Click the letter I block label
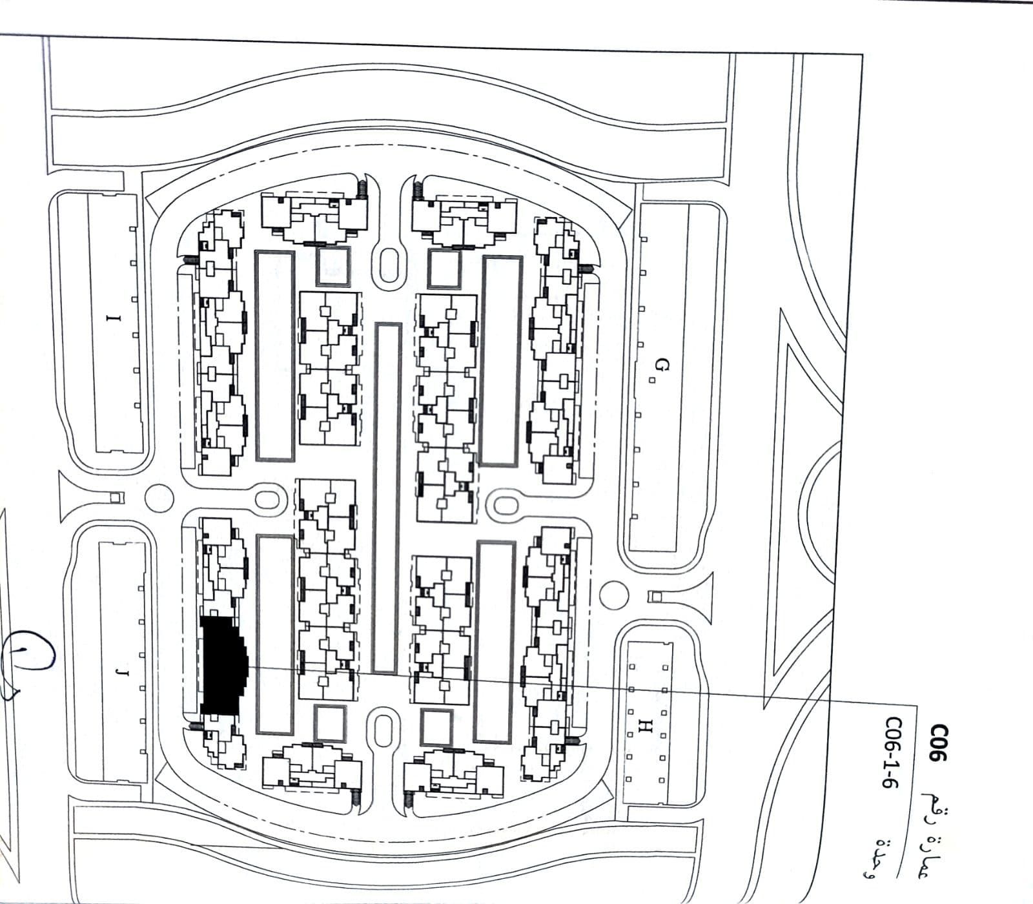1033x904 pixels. tap(114, 318)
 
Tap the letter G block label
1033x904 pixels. tap(660, 366)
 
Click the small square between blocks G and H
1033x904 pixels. tap(655, 596)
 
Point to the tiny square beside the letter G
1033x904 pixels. tap(652, 380)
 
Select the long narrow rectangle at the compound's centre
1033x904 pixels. tap(387, 498)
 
